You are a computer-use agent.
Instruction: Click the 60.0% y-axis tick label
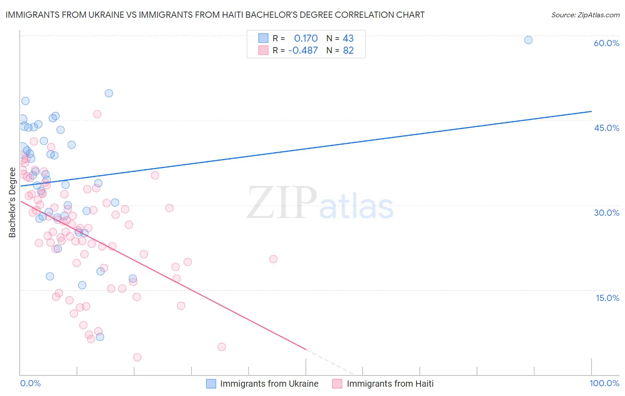click(606, 43)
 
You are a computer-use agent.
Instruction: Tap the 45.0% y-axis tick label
click(606, 128)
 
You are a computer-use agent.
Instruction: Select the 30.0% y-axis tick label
click(606, 213)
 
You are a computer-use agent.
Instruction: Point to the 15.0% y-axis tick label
click(607, 297)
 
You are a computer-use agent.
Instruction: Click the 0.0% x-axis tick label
click(31, 383)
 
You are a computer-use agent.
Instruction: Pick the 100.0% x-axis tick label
click(604, 383)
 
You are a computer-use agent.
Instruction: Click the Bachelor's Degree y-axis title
click(12, 202)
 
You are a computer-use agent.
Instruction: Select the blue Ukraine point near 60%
click(528, 40)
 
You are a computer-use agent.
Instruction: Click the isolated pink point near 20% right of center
click(273, 259)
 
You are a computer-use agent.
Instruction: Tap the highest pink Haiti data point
click(97, 115)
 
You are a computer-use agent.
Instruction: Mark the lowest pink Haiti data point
click(137, 357)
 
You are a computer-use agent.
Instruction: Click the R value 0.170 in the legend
click(306, 38)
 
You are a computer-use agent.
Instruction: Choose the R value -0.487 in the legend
click(303, 50)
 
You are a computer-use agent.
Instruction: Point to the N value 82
click(348, 50)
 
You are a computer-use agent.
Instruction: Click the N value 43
click(348, 38)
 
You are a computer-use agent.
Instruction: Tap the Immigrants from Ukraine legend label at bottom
click(269, 384)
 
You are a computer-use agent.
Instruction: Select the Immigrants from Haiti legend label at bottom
click(390, 384)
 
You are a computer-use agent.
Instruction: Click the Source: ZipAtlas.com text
click(585, 15)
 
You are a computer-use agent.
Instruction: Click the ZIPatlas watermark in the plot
click(320, 204)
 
